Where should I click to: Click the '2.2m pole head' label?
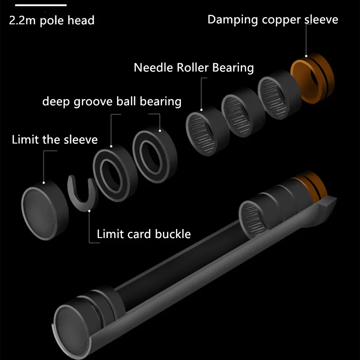tap(51, 21)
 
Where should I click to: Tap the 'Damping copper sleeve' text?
tap(272, 19)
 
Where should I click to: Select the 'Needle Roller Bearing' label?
tap(193, 68)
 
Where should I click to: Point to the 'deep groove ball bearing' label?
tap(112, 102)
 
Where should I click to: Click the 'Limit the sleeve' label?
tap(54, 139)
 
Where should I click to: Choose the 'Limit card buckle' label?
tap(144, 234)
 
